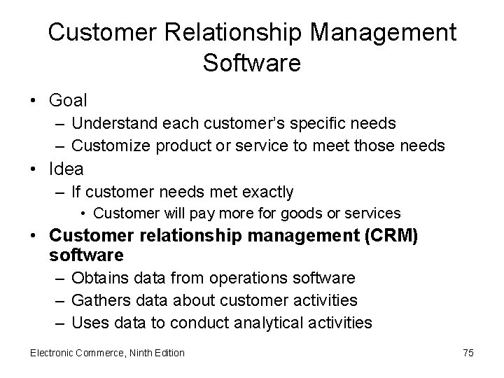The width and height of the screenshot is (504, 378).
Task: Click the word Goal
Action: (x=68, y=100)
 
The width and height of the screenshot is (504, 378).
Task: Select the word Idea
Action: (x=66, y=169)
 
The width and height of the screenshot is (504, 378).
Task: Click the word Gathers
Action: (x=101, y=300)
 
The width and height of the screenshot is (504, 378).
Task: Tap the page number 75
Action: (x=468, y=353)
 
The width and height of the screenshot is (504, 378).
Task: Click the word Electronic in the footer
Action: (x=50, y=353)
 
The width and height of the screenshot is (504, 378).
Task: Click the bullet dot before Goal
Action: (x=34, y=100)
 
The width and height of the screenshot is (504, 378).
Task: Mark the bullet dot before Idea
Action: (x=34, y=169)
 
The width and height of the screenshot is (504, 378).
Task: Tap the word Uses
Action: (x=90, y=323)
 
